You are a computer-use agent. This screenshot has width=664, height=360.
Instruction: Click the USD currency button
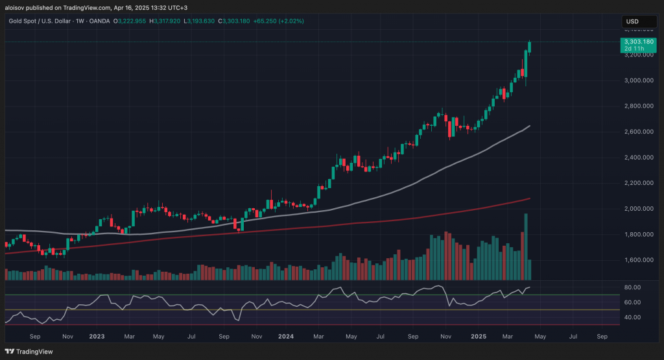pyautogui.click(x=632, y=22)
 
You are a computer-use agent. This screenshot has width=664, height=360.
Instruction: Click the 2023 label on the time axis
pyautogui.click(x=97, y=337)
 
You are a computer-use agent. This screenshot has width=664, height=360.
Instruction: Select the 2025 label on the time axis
pyautogui.click(x=479, y=337)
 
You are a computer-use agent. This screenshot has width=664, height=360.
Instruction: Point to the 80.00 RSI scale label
pyautogui.click(x=632, y=287)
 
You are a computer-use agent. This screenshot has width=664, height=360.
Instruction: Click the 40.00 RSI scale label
pyautogui.click(x=632, y=317)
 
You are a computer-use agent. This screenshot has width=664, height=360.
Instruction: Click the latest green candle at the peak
pyautogui.click(x=530, y=47)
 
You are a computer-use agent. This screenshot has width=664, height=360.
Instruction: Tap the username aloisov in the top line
pyautogui.click(x=16, y=8)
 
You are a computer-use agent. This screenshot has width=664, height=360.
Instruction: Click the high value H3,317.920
pyautogui.click(x=165, y=21)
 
